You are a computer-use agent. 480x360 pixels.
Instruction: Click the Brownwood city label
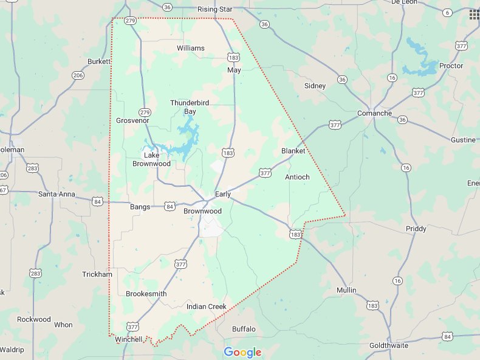[x=202, y=211]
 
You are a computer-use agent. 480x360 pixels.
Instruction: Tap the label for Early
[x=223, y=194]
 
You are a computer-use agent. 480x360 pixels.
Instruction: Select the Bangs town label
[x=140, y=207]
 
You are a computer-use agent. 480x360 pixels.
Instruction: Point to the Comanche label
[x=374, y=113]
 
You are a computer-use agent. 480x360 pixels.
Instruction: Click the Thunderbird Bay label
[x=190, y=107]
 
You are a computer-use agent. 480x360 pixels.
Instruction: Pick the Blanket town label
[x=293, y=151]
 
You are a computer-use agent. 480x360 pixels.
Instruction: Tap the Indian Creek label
[x=206, y=306]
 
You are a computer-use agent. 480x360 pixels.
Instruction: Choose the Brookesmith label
[x=146, y=294]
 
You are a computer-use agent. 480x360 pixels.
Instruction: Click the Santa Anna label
[x=57, y=194]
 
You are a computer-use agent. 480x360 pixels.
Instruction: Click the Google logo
[x=242, y=352]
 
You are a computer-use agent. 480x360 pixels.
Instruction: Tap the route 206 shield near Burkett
[x=78, y=75]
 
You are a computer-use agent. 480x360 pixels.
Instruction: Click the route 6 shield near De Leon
[x=448, y=12]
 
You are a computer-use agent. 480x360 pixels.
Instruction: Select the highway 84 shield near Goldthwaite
[x=448, y=336]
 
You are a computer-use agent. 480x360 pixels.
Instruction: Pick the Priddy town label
[x=416, y=229]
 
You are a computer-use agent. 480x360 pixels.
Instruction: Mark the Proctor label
[x=451, y=66]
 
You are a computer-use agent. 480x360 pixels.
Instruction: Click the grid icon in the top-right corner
[x=474, y=15]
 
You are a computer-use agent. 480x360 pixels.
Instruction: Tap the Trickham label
[x=97, y=274]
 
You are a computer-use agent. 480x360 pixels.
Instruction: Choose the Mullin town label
[x=346, y=290]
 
